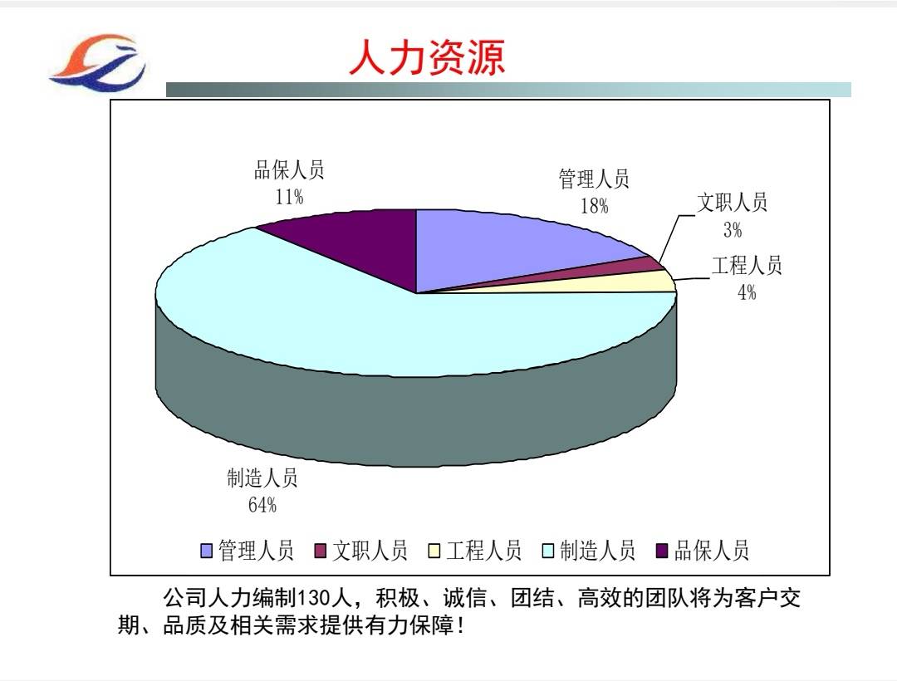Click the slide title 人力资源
click(427, 57)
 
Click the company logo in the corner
click(97, 62)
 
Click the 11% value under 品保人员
click(290, 198)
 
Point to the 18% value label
click(595, 206)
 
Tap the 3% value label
click(733, 230)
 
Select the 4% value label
click(747, 292)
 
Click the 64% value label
click(262, 505)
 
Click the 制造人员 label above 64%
click(262, 478)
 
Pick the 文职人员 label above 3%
click(733, 203)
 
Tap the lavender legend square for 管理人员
click(207, 551)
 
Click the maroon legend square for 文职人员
click(321, 551)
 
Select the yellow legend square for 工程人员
click(434, 551)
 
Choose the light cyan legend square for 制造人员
click(548, 551)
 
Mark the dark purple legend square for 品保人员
click(662, 551)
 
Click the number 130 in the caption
click(314, 599)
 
